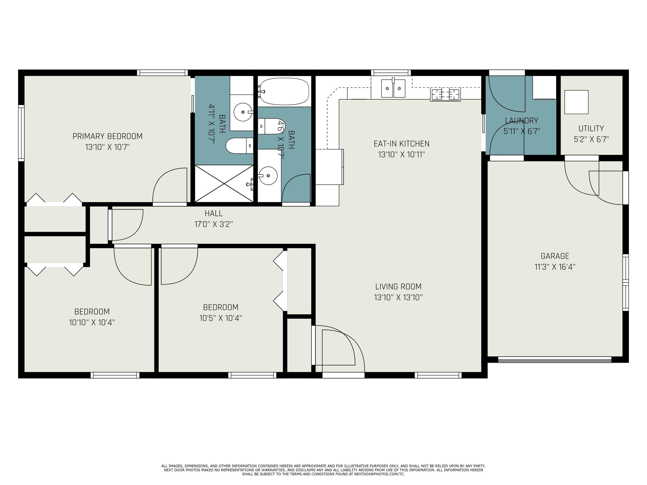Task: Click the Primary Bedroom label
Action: [107, 136]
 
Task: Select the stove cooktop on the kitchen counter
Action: [445, 94]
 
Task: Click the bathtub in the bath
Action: [284, 91]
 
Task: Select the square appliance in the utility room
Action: [576, 102]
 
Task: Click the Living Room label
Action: [398, 286]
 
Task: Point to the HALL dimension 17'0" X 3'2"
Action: [214, 224]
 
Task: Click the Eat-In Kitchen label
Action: [401, 144]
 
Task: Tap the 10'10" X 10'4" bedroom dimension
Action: [92, 322]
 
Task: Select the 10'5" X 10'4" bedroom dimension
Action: [221, 318]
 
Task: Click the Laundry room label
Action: [521, 120]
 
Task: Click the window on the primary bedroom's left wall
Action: [21, 133]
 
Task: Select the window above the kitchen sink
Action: [391, 72]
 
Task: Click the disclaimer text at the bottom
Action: [323, 470]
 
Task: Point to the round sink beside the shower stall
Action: [268, 176]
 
